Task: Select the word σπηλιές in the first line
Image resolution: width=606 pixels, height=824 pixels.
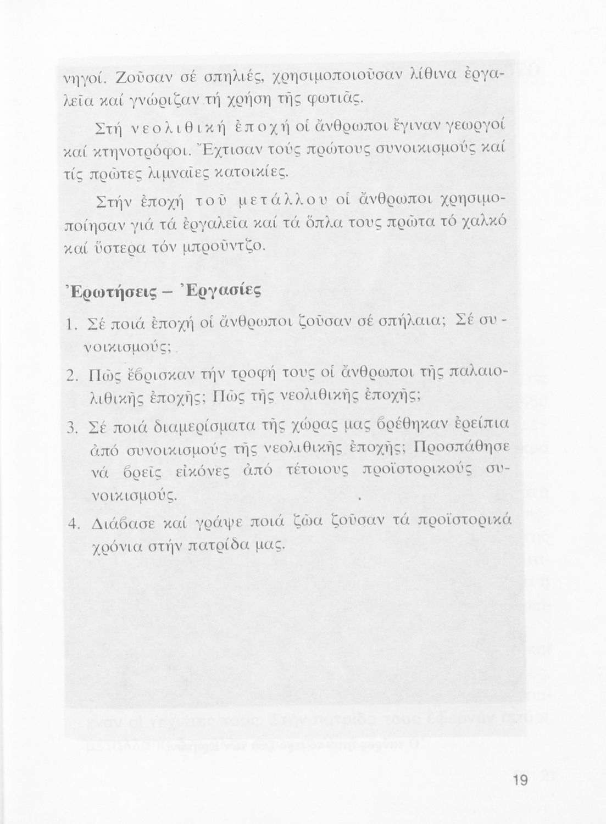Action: (241, 77)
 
